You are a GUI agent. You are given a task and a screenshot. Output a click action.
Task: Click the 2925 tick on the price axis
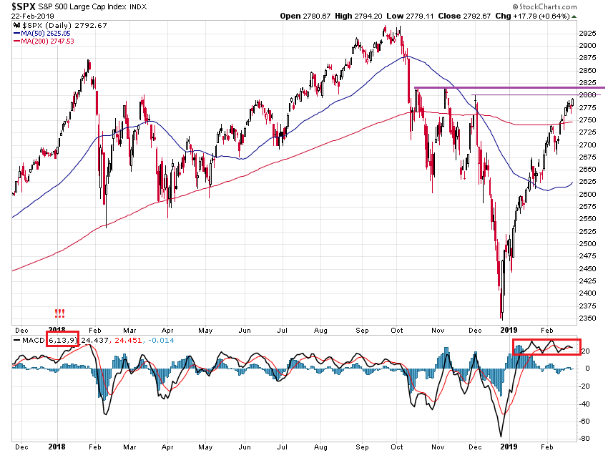[587, 33]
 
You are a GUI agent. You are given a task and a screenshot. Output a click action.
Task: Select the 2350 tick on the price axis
[587, 318]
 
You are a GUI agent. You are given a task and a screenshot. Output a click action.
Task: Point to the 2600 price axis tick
[587, 194]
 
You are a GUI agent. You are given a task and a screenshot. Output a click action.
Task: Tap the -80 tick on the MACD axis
[584, 439]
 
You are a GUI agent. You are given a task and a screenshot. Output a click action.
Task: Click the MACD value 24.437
[95, 339]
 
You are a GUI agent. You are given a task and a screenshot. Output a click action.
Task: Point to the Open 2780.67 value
[303, 16]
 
